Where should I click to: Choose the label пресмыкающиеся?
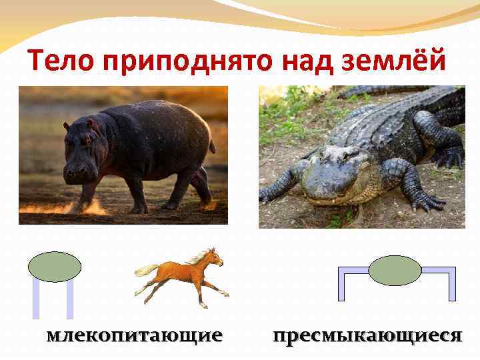pos(367,335)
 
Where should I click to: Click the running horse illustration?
pos(183,275)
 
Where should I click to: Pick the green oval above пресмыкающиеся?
pos(395,271)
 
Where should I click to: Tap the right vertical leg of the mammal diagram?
pos(69,299)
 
